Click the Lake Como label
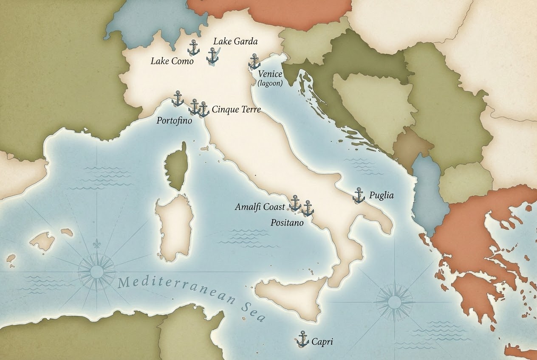[x=172, y=61]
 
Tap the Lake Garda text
[x=235, y=41]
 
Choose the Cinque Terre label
[x=236, y=110]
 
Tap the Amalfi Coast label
[x=260, y=207]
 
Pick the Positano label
[x=287, y=222]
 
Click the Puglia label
[x=382, y=196]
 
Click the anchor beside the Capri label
[x=302, y=339]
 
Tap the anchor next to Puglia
[x=359, y=195]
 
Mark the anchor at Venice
[x=254, y=62]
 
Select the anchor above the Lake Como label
[x=194, y=48]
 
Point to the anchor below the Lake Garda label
[x=212, y=56]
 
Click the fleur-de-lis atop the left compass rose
[x=96, y=246]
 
